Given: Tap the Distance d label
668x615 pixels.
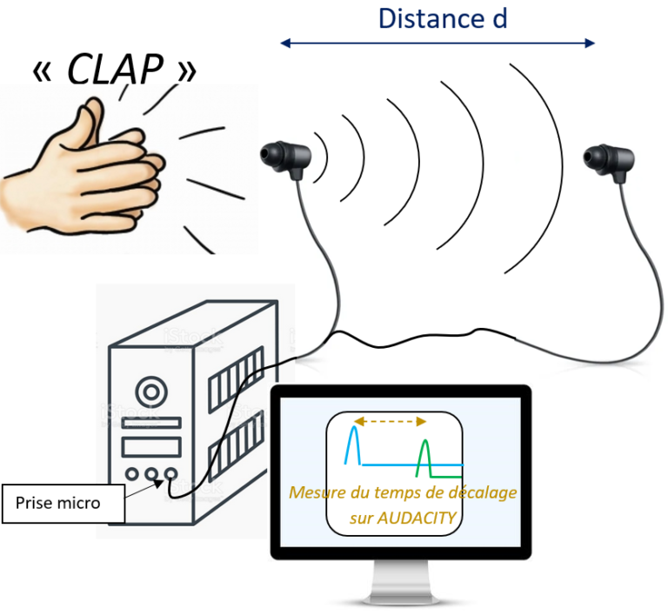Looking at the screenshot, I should point(442,18).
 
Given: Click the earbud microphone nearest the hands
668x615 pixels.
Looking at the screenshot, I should point(284,157).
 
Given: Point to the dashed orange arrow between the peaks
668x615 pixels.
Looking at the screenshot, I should point(389,421).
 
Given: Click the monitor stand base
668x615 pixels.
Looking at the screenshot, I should point(400,597).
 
